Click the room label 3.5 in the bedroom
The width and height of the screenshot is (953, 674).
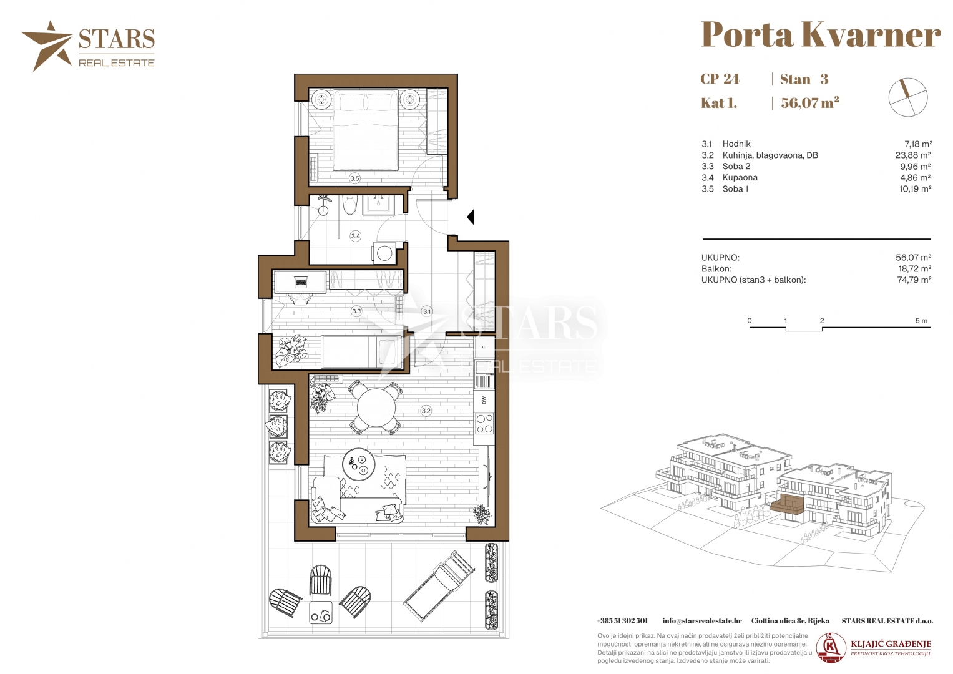pyautogui.click(x=354, y=178)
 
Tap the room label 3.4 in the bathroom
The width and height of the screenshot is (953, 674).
pyautogui.click(x=355, y=236)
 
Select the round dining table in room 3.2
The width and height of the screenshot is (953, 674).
pyautogui.click(x=376, y=408)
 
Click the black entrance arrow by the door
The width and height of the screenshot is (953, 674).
pyautogui.click(x=471, y=217)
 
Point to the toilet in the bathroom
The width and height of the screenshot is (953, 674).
pyautogui.click(x=350, y=205)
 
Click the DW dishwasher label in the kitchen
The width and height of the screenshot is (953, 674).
pyautogui.click(x=484, y=400)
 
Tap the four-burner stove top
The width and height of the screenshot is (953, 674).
pyautogui.click(x=484, y=424)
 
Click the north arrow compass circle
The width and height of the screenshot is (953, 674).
pyautogui.click(x=908, y=97)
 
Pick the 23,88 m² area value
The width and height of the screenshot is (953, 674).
pyautogui.click(x=913, y=155)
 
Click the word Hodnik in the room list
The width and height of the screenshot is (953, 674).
pyautogui.click(x=736, y=144)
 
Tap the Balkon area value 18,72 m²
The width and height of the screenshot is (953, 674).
pyautogui.click(x=914, y=269)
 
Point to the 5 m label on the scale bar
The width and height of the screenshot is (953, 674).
pyautogui.click(x=921, y=321)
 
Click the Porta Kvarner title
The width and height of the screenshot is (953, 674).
pyautogui.click(x=821, y=34)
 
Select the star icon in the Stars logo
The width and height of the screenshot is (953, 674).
pyautogui.click(x=47, y=46)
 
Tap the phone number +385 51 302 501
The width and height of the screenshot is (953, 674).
pyautogui.click(x=622, y=621)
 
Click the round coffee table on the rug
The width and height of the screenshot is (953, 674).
pyautogui.click(x=359, y=465)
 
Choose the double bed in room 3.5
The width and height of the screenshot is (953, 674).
pyautogui.click(x=366, y=130)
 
